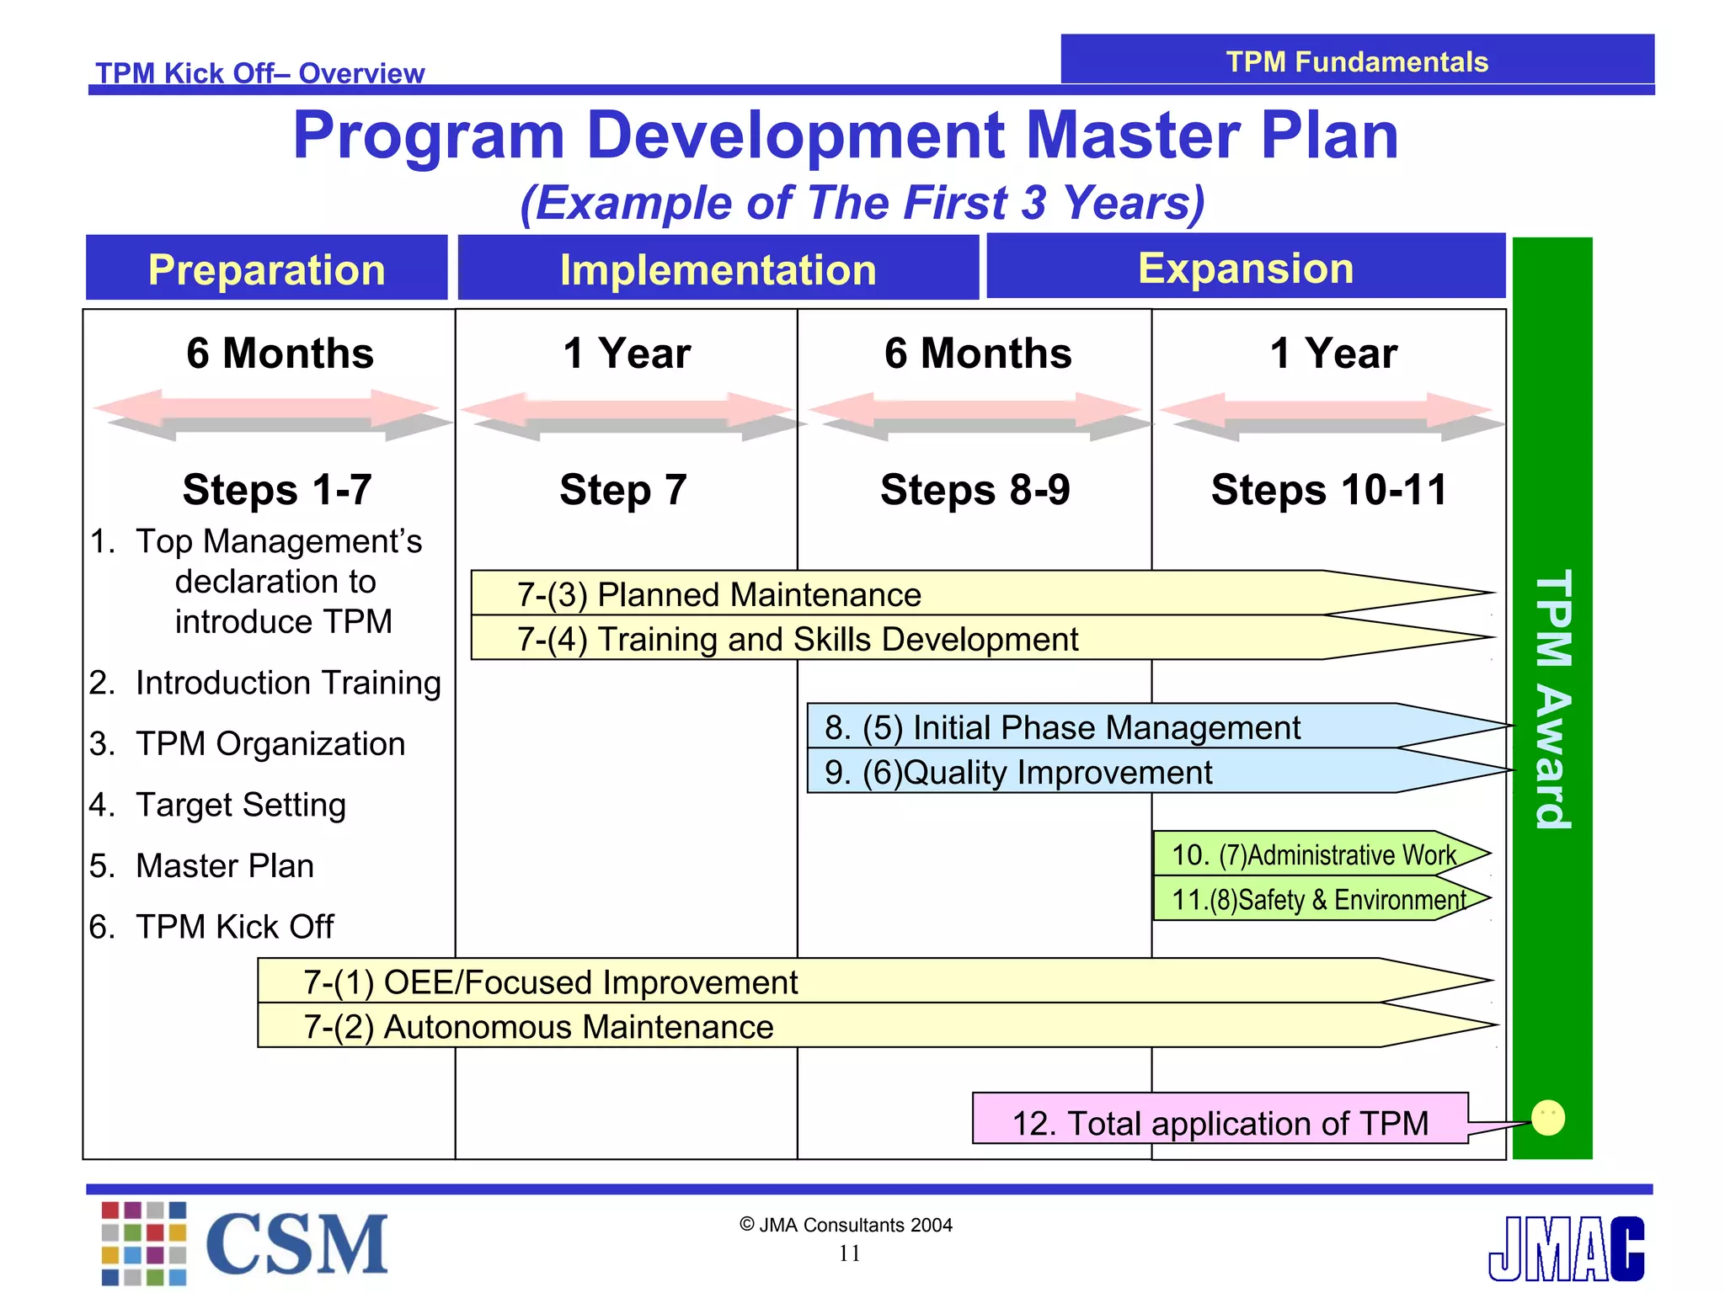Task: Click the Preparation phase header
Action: [266, 269]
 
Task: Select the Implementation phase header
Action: [718, 269]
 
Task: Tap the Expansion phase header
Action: [1245, 268]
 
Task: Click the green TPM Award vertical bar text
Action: [1552, 699]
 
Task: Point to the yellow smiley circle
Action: [1547, 1118]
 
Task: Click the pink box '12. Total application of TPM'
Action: [1220, 1122]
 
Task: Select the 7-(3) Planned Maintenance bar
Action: [718, 594]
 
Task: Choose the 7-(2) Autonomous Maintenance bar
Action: [538, 1026]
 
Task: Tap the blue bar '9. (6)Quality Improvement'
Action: [1017, 772]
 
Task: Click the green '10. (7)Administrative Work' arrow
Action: [1313, 854]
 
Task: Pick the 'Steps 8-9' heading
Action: [975, 490]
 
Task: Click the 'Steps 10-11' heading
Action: [1328, 490]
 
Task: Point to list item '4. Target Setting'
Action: [218, 805]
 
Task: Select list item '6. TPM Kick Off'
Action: [212, 926]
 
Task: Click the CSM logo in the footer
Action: [244, 1243]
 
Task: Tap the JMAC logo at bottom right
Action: [1566, 1248]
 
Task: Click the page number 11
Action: [849, 1253]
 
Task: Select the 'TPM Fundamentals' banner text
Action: [1356, 61]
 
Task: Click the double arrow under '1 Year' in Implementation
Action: [627, 414]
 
